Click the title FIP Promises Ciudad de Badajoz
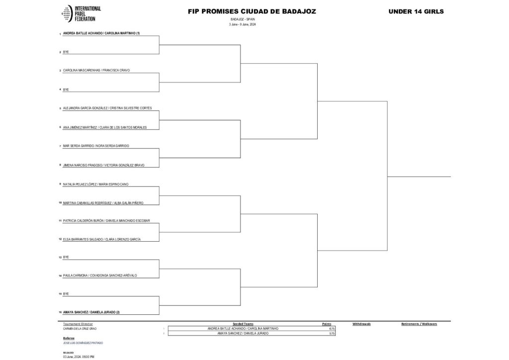click(x=252, y=11)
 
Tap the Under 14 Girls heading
click(x=417, y=11)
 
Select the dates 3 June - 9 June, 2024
click(x=243, y=24)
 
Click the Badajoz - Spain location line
click(x=243, y=19)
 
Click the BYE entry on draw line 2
click(x=66, y=52)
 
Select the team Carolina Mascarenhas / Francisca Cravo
click(x=96, y=71)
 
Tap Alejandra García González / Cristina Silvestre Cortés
click(x=107, y=108)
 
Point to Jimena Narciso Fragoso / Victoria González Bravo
click(x=103, y=165)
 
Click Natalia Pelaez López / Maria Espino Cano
click(x=95, y=184)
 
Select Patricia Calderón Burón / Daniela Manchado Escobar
click(x=106, y=220)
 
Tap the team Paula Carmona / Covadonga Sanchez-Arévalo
click(x=99, y=275)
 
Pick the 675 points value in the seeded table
click(x=332, y=329)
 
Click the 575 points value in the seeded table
click(x=332, y=333)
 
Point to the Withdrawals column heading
click(x=361, y=324)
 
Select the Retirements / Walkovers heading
click(x=419, y=324)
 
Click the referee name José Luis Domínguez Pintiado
click(x=83, y=343)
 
